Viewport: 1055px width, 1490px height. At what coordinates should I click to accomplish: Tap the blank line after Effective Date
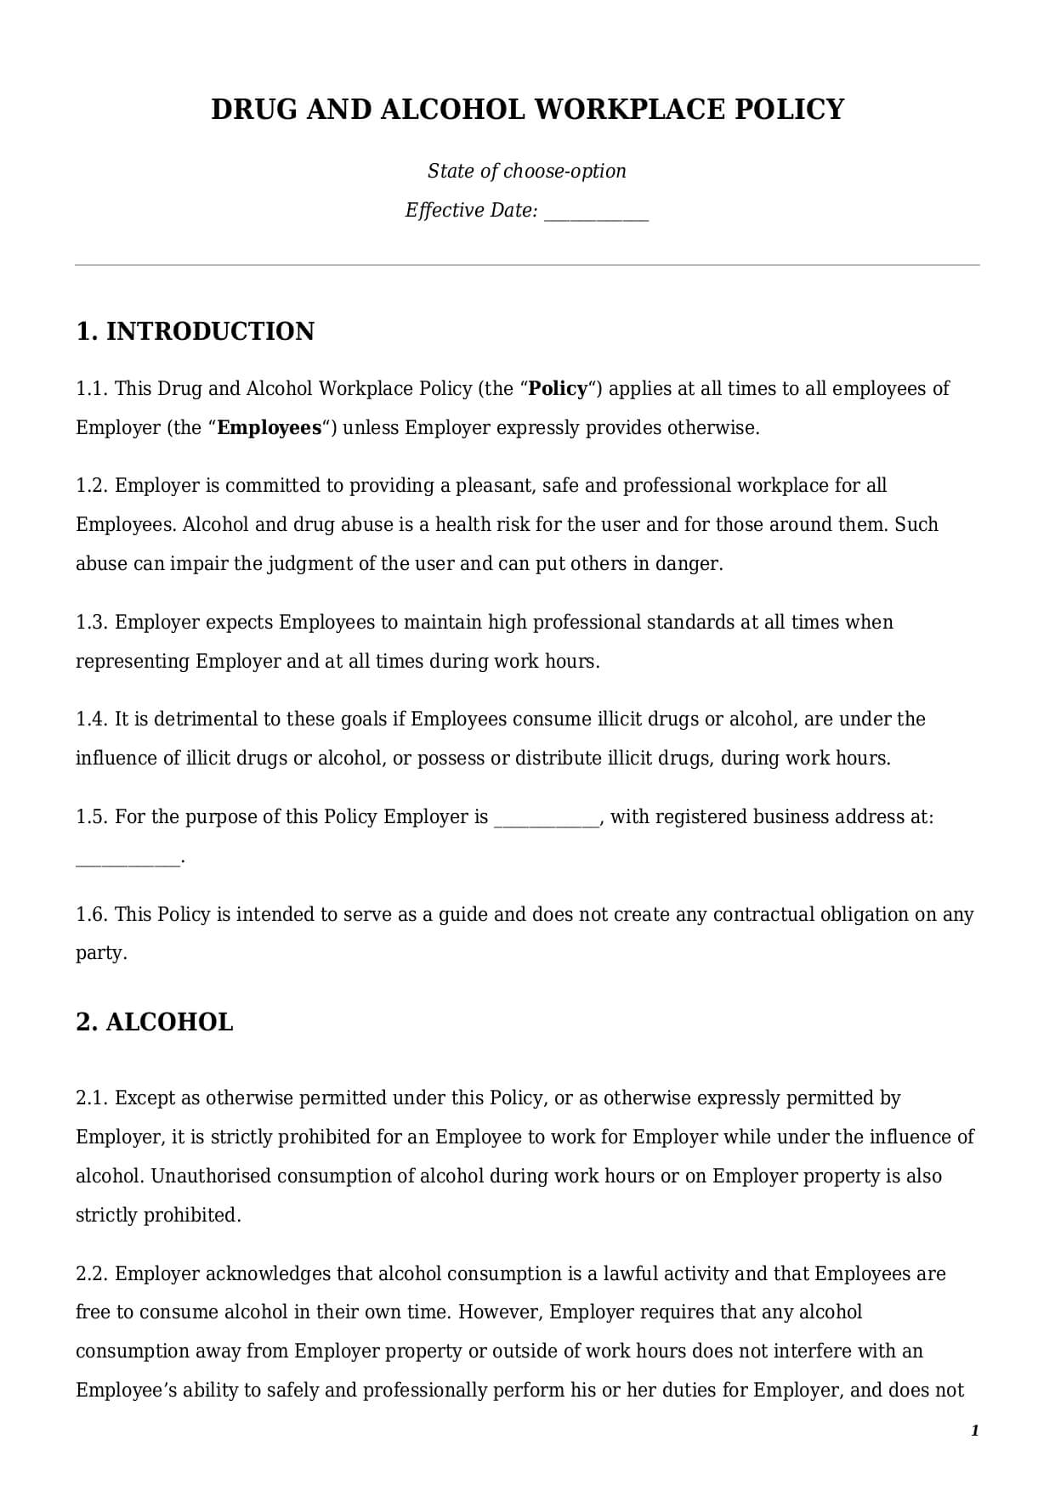(596, 212)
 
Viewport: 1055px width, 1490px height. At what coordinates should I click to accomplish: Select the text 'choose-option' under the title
(564, 171)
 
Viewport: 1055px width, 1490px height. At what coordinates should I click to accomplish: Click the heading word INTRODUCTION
(210, 331)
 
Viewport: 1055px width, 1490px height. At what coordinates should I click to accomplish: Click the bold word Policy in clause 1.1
(558, 389)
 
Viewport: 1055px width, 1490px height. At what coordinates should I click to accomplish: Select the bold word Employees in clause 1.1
(269, 428)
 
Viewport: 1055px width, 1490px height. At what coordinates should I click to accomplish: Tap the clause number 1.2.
(92, 486)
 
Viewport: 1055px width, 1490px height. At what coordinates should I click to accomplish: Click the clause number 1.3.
(92, 623)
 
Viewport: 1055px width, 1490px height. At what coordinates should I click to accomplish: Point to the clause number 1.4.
(92, 720)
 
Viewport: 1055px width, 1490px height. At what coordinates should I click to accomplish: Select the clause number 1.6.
(92, 915)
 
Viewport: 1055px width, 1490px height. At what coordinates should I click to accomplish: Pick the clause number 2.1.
(92, 1098)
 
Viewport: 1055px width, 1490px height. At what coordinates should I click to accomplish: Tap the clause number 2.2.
(92, 1274)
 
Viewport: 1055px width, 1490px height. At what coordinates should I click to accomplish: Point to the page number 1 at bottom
(974, 1431)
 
